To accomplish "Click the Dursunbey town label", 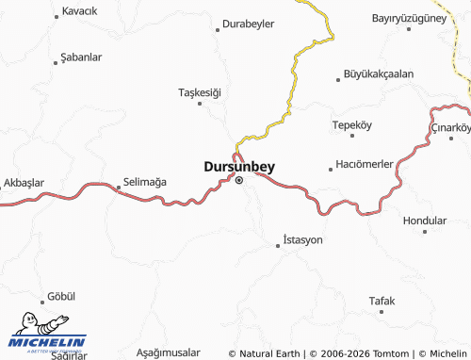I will click(x=239, y=166).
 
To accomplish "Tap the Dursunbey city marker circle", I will click(x=239, y=179).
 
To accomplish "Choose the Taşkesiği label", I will click(x=199, y=91).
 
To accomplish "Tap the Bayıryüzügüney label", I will click(x=414, y=18).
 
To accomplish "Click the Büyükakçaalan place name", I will click(x=379, y=74).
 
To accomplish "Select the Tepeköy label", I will click(x=353, y=124).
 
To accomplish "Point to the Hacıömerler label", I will click(x=365, y=164).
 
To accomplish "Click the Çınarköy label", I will click(x=449, y=127).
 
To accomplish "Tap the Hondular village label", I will click(x=424, y=220).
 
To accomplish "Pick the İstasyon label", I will click(x=302, y=240).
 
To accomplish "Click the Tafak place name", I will click(x=382, y=301).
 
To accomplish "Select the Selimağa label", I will click(x=145, y=181).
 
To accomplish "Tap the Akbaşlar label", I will click(x=24, y=182).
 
